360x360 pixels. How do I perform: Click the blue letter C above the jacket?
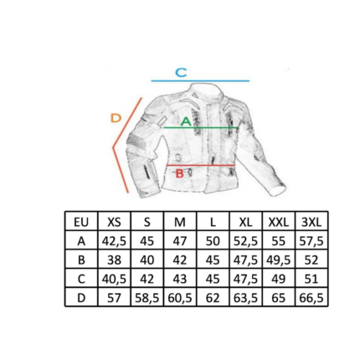click(181, 72)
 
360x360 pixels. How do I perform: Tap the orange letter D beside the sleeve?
click(116, 118)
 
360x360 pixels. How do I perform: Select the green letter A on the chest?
click(186, 121)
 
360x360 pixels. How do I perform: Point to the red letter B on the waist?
click(179, 173)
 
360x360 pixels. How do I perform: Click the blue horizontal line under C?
click(200, 81)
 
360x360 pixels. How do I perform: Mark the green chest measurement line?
click(200, 127)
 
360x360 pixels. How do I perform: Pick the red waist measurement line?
click(201, 166)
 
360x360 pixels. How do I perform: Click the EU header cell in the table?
click(81, 222)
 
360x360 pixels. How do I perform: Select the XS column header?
click(114, 222)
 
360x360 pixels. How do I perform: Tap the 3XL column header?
click(311, 222)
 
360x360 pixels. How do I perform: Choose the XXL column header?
click(278, 222)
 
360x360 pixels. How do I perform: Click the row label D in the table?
click(81, 298)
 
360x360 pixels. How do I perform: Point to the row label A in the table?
click(81, 241)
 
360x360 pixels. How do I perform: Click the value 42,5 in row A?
click(114, 241)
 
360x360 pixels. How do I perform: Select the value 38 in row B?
click(114, 260)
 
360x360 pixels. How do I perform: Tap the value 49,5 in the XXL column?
click(278, 260)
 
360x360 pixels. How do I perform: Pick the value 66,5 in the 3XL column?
click(311, 298)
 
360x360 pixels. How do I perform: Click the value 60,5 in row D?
click(180, 298)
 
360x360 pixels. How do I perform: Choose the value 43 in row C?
click(180, 279)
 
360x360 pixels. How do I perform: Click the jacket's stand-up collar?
click(207, 90)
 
